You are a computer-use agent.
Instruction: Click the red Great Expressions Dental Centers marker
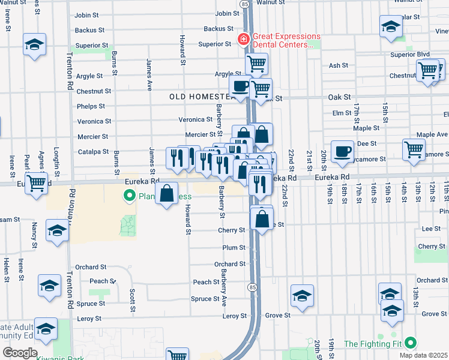click(x=244, y=40)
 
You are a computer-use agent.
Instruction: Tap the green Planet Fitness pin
click(x=128, y=196)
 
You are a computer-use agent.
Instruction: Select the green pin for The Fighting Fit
click(x=411, y=343)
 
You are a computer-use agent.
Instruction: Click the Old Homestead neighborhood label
click(x=200, y=97)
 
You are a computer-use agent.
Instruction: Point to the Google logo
click(x=19, y=353)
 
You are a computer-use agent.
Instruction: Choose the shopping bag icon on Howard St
click(x=167, y=193)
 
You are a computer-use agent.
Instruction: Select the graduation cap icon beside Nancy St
click(x=57, y=230)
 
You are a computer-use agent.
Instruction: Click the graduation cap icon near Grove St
click(x=303, y=295)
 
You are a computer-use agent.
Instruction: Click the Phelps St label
click(x=91, y=106)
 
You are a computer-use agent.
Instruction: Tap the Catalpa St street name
click(x=93, y=152)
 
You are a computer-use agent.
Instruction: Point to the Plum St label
click(x=234, y=247)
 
